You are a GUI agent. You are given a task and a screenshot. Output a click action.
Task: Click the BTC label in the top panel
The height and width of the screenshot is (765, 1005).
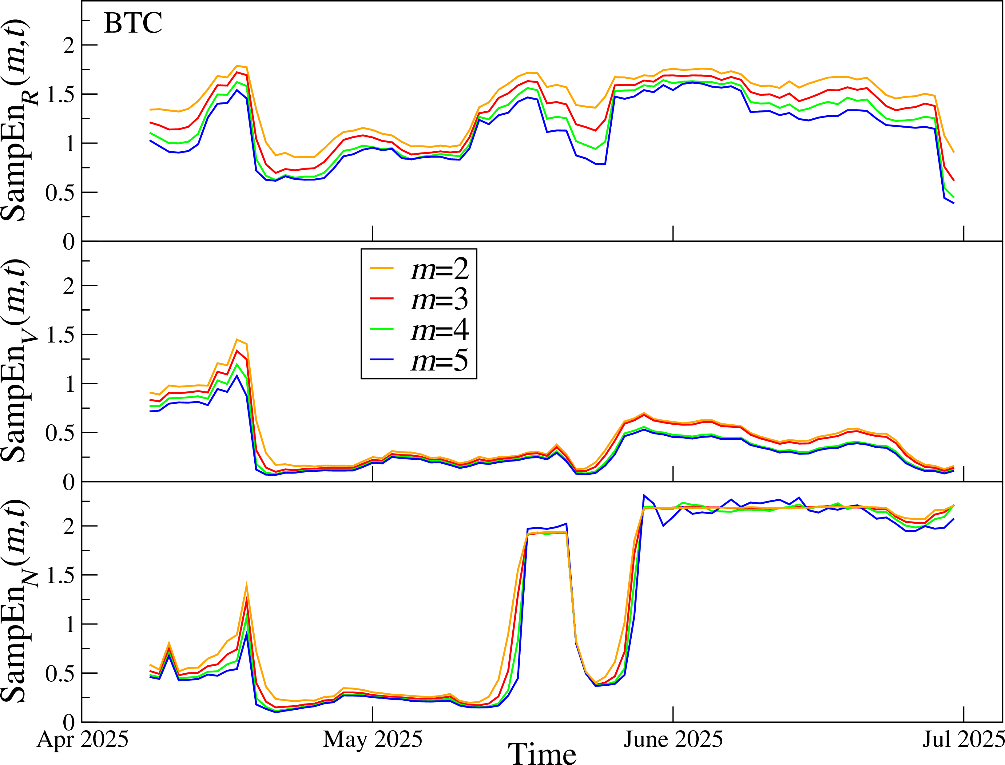(x=133, y=23)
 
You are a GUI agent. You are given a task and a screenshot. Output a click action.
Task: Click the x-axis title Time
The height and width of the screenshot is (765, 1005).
(x=542, y=754)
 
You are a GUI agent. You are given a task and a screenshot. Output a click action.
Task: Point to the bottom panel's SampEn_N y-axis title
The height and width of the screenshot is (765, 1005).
(x=18, y=601)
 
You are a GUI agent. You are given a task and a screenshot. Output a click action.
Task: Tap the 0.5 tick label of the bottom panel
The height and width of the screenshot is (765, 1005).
(x=60, y=673)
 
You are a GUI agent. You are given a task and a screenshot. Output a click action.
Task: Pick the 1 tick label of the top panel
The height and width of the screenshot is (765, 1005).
(x=70, y=143)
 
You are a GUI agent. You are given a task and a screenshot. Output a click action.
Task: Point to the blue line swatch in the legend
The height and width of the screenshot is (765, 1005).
(x=382, y=360)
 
